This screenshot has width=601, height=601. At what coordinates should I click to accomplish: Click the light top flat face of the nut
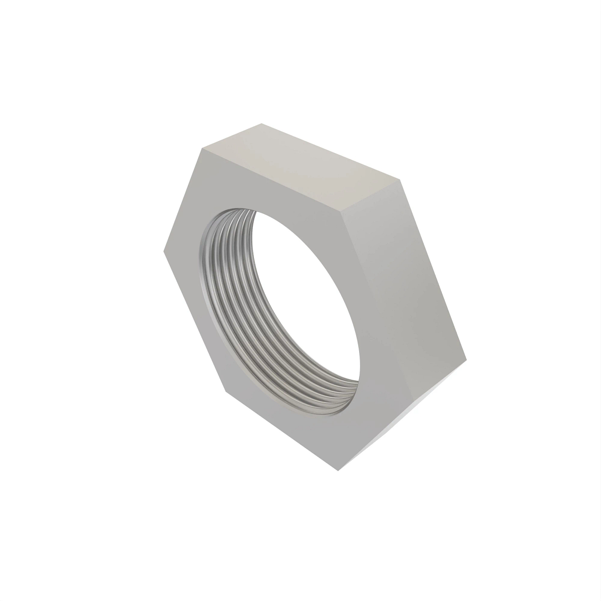(x=300, y=158)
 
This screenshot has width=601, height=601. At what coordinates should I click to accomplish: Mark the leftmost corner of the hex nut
(x=164, y=250)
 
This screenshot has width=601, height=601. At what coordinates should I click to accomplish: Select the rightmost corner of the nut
(x=466, y=359)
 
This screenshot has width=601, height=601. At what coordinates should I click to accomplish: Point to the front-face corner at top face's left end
(x=202, y=148)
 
